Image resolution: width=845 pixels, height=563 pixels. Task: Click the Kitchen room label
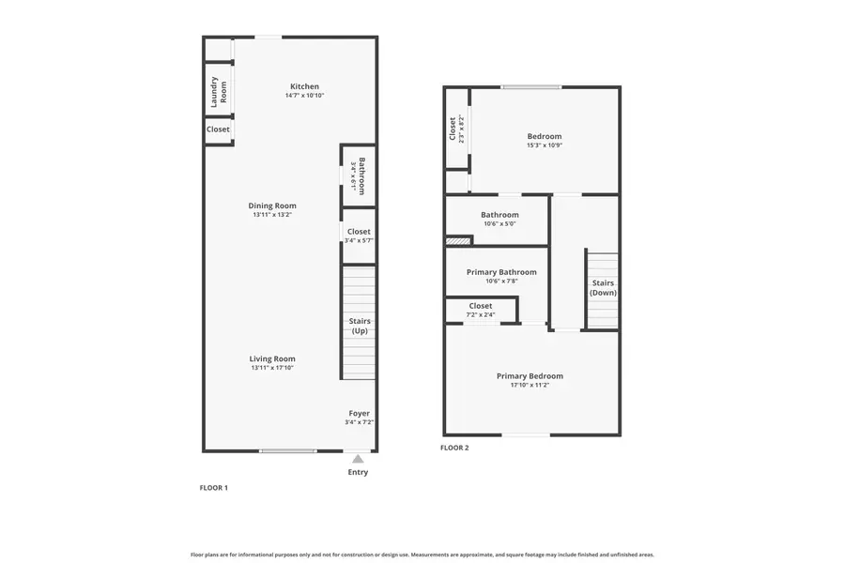click(x=304, y=86)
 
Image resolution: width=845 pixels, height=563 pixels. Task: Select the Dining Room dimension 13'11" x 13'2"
click(x=272, y=215)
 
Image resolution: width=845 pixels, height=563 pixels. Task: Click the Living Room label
click(x=272, y=358)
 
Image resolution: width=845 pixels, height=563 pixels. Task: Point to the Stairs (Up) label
click(x=359, y=326)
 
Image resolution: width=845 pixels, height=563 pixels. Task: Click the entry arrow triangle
click(x=358, y=459)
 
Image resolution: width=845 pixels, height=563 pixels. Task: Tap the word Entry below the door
click(x=358, y=472)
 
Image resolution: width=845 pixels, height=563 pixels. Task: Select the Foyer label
click(x=359, y=413)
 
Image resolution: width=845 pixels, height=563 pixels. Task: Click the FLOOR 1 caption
click(x=214, y=488)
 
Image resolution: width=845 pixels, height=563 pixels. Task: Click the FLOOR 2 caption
click(x=454, y=448)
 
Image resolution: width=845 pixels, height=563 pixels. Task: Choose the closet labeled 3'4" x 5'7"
click(x=359, y=236)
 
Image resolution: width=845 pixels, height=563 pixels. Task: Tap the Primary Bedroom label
click(x=530, y=376)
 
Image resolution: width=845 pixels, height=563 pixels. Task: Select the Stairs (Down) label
click(x=602, y=287)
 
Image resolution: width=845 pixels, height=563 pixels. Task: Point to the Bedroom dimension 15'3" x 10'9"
click(x=544, y=145)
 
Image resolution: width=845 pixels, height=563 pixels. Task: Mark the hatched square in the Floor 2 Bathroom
click(x=456, y=241)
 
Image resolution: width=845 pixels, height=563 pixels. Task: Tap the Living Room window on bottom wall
click(x=288, y=451)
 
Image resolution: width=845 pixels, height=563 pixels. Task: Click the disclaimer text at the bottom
click(x=422, y=555)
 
